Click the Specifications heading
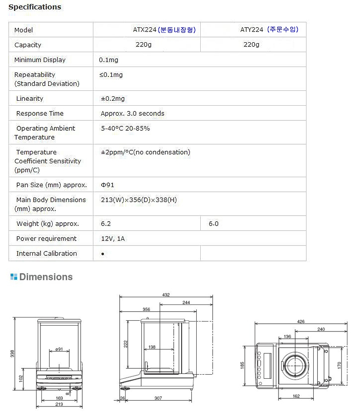35,7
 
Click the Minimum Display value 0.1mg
108,60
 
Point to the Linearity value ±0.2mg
112,98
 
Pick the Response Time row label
40,113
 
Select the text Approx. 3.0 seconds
132,113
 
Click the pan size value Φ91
108,185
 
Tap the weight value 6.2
106,224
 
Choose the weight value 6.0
213,224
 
